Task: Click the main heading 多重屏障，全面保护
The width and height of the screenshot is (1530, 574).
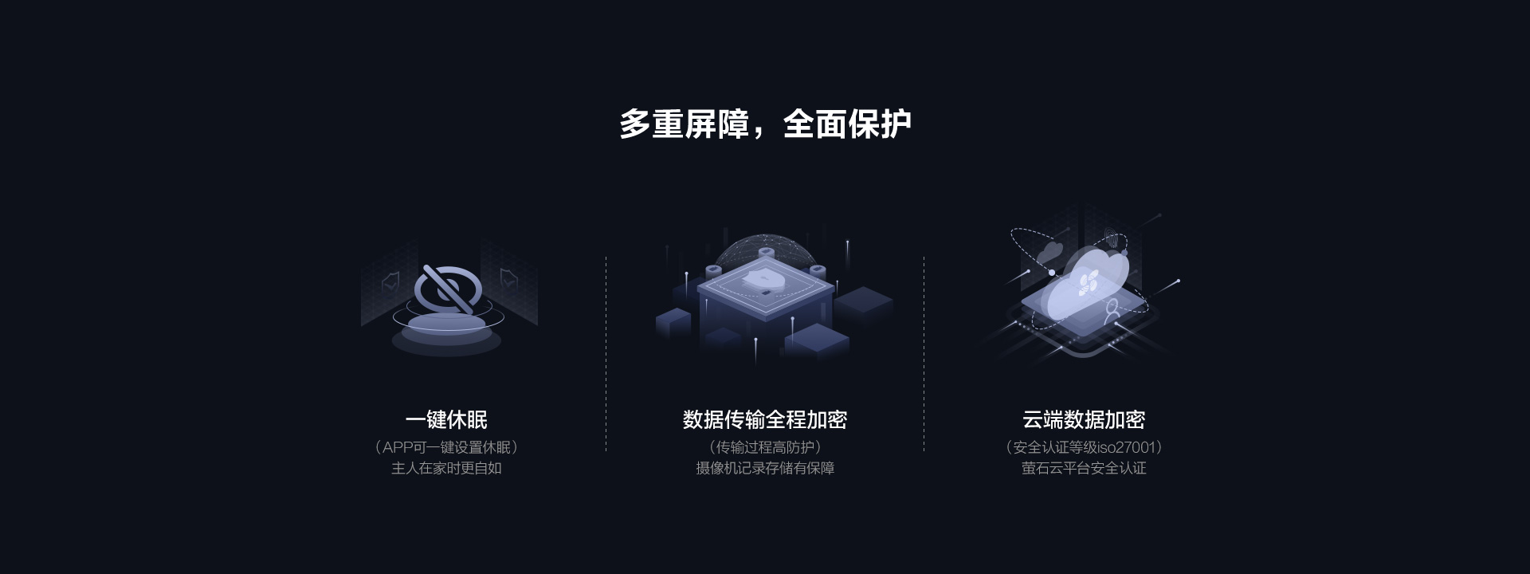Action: pos(765,124)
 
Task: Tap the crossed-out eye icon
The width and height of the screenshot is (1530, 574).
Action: pos(446,288)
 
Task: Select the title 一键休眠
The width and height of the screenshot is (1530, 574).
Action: pos(446,419)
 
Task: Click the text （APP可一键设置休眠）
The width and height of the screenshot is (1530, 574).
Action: pos(446,447)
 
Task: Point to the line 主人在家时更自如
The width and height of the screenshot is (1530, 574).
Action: pos(446,468)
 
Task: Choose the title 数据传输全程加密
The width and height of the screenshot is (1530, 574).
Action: pos(765,419)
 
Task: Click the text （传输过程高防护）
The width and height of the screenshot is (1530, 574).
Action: pos(765,447)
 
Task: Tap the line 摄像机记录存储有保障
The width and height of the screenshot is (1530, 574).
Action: pos(765,468)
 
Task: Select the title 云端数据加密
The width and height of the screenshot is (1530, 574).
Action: pos(1084,419)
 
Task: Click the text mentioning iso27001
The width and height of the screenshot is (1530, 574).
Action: pos(1084,447)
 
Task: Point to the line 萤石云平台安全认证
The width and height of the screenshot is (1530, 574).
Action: pos(1084,468)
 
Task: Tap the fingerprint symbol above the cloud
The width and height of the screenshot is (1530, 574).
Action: pos(1114,238)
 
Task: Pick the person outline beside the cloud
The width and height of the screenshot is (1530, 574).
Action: pos(1112,312)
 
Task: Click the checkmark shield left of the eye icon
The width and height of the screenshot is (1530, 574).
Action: pos(390,281)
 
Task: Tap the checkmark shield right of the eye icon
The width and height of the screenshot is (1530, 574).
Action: pos(508,278)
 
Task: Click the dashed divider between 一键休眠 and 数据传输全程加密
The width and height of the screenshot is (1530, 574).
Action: pos(606,354)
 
